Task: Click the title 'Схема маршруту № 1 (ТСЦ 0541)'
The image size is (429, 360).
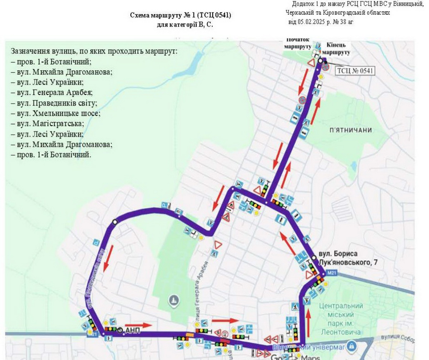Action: (181, 15)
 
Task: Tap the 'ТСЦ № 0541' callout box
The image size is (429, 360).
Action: (354, 71)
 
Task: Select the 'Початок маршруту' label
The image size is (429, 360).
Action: (297, 43)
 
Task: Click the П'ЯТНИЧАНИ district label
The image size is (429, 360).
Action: (350, 130)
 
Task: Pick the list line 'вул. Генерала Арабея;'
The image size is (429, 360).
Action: (52, 93)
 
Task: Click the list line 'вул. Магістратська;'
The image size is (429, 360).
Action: (48, 124)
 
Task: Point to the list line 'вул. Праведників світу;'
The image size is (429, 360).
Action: (54, 103)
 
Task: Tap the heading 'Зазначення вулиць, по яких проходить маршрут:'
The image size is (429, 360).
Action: (94, 51)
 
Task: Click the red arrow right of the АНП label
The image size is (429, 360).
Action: (143, 325)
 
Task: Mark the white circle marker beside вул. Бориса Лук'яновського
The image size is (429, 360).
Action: (314, 257)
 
